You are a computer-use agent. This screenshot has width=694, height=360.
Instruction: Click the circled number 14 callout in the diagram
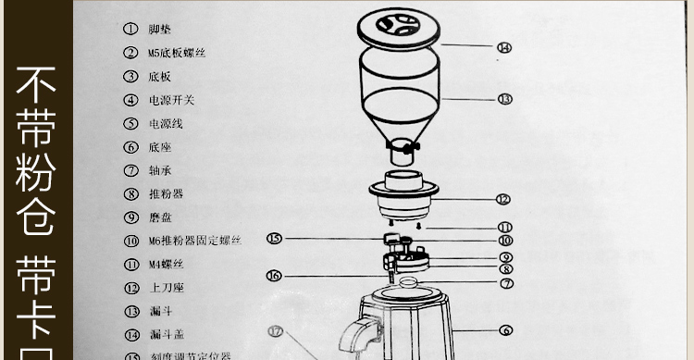[x=503, y=47]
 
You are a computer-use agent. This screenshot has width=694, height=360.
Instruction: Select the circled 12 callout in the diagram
[x=502, y=199]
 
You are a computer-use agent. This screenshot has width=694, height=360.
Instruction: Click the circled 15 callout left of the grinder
[x=274, y=239]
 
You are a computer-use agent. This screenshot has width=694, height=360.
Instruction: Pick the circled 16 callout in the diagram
[x=274, y=275]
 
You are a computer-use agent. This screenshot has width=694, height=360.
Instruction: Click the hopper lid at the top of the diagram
[x=400, y=26]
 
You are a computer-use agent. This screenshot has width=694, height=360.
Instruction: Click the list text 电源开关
[x=171, y=100]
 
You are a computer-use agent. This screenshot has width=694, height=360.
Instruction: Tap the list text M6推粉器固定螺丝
[x=194, y=242]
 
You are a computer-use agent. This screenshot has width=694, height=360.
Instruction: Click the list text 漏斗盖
[x=165, y=335]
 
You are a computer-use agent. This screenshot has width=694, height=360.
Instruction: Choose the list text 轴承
[x=159, y=171]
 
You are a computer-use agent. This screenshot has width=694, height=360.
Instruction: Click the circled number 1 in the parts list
[x=130, y=30]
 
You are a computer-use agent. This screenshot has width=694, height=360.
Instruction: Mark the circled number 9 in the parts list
[x=130, y=217]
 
